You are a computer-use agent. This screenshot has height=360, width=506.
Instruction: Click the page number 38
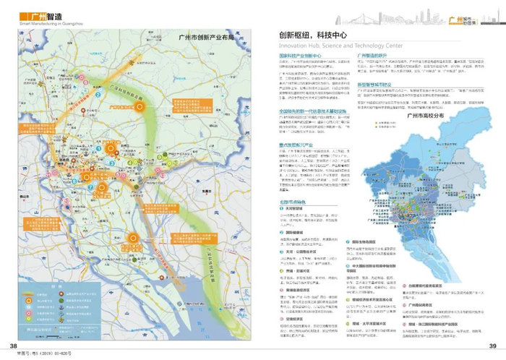point(13,345)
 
